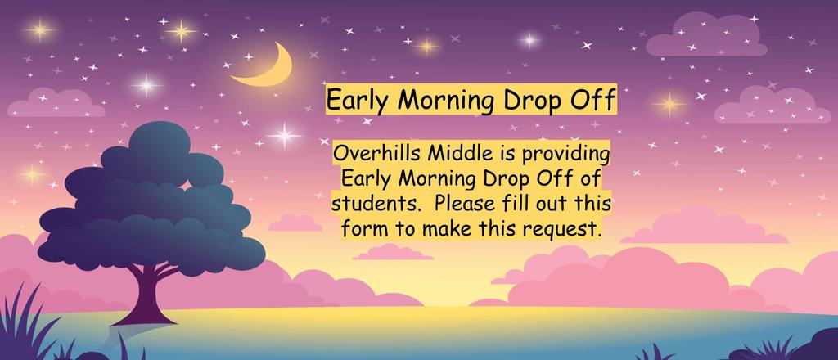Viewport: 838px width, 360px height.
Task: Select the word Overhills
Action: tap(376, 155)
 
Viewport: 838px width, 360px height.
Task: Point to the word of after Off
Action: tap(589, 179)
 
